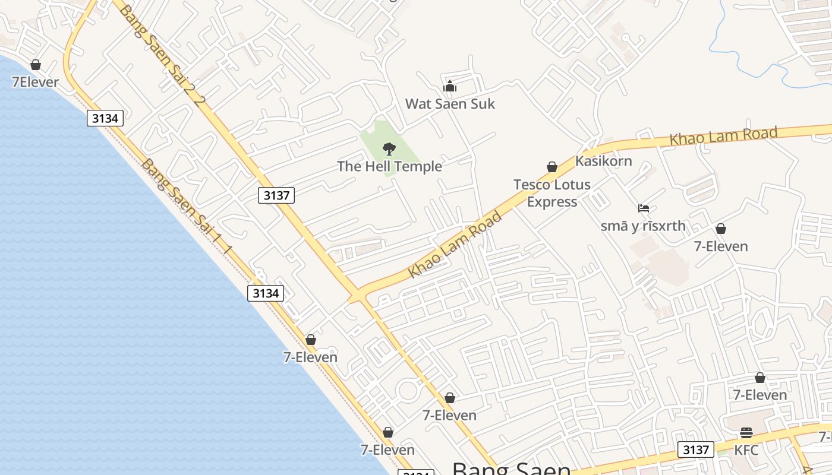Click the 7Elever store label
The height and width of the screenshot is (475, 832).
[35, 82]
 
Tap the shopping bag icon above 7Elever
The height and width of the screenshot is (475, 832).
[36, 65]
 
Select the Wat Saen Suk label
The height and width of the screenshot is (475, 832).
[450, 104]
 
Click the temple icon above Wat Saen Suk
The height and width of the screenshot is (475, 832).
[450, 87]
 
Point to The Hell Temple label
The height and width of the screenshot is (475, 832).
[389, 166]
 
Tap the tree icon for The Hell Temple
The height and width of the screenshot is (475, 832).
[389, 148]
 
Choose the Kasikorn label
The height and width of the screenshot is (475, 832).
[603, 161]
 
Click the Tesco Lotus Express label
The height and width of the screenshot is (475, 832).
[552, 193]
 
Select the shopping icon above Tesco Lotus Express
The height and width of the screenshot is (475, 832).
[552, 167]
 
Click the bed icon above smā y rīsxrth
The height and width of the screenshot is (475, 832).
[644, 208]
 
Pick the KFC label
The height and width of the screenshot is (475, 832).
[746, 450]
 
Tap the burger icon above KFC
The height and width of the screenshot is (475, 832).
[746, 433]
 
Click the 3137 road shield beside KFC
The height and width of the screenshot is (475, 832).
[695, 449]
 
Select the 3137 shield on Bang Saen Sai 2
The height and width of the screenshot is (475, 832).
[276, 195]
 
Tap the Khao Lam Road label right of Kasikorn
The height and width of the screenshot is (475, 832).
[723, 136]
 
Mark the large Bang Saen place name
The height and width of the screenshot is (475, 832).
[511, 468]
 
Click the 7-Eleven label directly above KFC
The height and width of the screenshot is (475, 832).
[759, 395]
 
